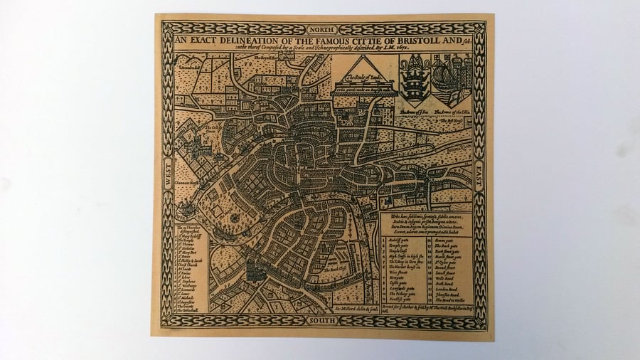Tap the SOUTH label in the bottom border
click(x=322, y=321)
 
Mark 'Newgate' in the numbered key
click(x=401, y=275)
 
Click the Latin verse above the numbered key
click(x=431, y=226)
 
